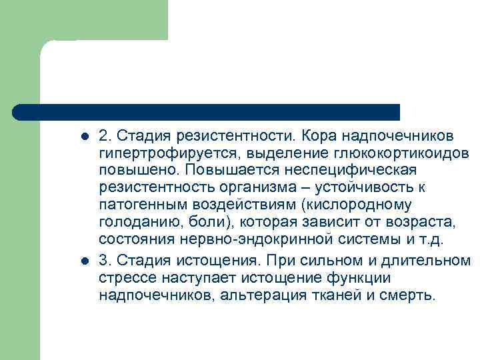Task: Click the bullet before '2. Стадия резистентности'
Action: click(84, 137)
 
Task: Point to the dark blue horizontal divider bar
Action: click(207, 111)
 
